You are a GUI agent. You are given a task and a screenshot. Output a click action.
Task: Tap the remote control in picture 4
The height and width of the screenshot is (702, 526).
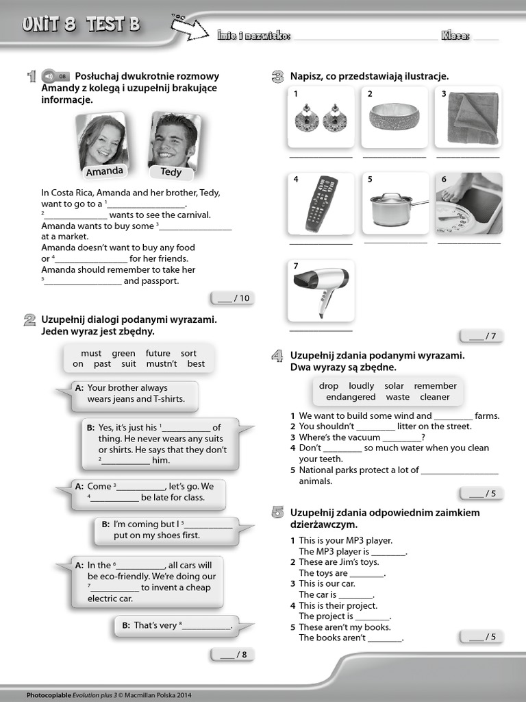pyautogui.click(x=321, y=204)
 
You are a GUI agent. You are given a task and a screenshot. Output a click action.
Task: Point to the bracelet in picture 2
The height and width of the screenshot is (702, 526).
pyautogui.click(x=394, y=117)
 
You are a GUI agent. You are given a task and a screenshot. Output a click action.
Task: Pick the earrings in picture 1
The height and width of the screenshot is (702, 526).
pyautogui.click(x=321, y=118)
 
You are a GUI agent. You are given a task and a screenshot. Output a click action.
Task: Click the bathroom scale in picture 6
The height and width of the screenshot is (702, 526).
pyautogui.click(x=469, y=204)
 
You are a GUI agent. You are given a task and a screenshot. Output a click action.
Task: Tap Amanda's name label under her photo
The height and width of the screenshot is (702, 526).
pyautogui.click(x=105, y=171)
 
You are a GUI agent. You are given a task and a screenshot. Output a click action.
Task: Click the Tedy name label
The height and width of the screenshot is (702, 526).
pyautogui.click(x=171, y=172)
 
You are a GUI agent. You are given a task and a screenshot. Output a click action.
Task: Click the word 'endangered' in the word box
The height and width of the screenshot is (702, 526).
pyautogui.click(x=351, y=397)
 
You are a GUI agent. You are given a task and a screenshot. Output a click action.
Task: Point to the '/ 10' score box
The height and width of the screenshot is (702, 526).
pyautogui.click(x=232, y=298)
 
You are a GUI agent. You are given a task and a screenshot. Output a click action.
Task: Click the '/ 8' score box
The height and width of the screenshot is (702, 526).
pyautogui.click(x=233, y=655)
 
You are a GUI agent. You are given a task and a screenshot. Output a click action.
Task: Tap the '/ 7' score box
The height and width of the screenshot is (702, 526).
pyautogui.click(x=481, y=336)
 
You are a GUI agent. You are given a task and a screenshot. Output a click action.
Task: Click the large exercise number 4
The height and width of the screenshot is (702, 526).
pyautogui.click(x=277, y=355)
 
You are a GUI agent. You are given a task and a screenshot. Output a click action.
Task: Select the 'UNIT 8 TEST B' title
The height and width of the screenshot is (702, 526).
pyautogui.click(x=81, y=25)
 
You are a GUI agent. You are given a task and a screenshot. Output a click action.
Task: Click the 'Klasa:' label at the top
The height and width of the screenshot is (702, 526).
pyautogui.click(x=455, y=36)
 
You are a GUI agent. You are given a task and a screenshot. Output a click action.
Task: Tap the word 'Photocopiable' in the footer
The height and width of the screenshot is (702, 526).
pyautogui.click(x=49, y=695)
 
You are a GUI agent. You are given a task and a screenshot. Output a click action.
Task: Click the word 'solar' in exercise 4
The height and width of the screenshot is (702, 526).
pyautogui.click(x=394, y=386)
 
